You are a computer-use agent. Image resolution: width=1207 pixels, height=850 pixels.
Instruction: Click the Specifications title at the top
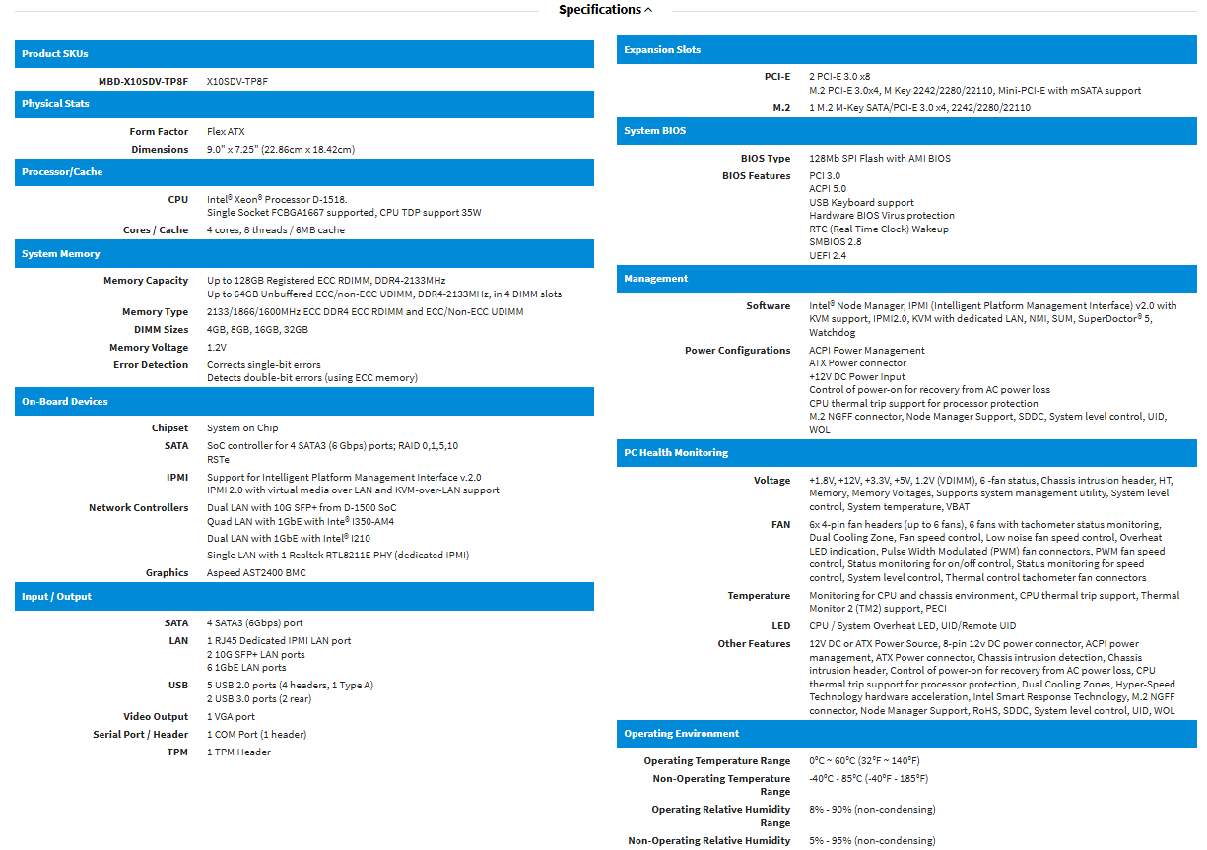(599, 10)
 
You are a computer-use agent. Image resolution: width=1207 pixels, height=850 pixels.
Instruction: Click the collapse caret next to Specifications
(647, 10)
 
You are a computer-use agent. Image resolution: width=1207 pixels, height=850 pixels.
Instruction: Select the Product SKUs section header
(55, 53)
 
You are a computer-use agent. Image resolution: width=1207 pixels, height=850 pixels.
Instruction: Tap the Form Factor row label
(159, 131)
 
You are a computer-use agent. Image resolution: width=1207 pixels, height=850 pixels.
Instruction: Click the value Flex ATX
(226, 131)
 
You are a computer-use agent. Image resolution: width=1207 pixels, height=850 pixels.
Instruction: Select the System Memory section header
(61, 253)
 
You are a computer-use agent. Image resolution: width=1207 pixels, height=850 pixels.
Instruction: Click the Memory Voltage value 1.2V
(217, 347)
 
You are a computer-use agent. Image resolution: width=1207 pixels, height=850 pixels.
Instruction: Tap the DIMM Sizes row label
(161, 329)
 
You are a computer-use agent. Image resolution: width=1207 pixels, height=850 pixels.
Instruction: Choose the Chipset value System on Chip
(242, 427)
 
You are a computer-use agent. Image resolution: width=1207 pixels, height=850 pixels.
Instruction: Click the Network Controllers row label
(138, 507)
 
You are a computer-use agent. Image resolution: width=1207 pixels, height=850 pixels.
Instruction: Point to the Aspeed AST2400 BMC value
(256, 572)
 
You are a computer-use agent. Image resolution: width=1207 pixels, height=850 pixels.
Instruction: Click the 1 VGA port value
(231, 716)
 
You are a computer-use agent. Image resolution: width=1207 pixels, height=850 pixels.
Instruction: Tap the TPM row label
(177, 752)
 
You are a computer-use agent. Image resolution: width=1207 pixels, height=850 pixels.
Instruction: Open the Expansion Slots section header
(662, 49)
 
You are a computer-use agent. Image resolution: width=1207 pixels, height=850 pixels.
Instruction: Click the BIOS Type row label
(766, 158)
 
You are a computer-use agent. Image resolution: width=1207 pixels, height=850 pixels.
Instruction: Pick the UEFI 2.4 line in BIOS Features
(828, 255)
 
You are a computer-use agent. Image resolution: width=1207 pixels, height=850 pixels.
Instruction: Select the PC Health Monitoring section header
(676, 452)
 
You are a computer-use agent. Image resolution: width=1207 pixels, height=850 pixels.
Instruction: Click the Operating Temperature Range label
(716, 760)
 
